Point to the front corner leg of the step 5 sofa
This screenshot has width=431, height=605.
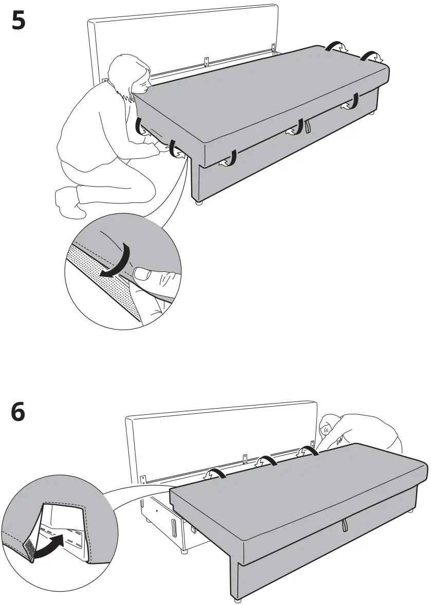[x=198, y=203]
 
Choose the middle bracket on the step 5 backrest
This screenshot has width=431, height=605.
[x=207, y=61]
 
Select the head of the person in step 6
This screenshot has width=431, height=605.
[x=328, y=429]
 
